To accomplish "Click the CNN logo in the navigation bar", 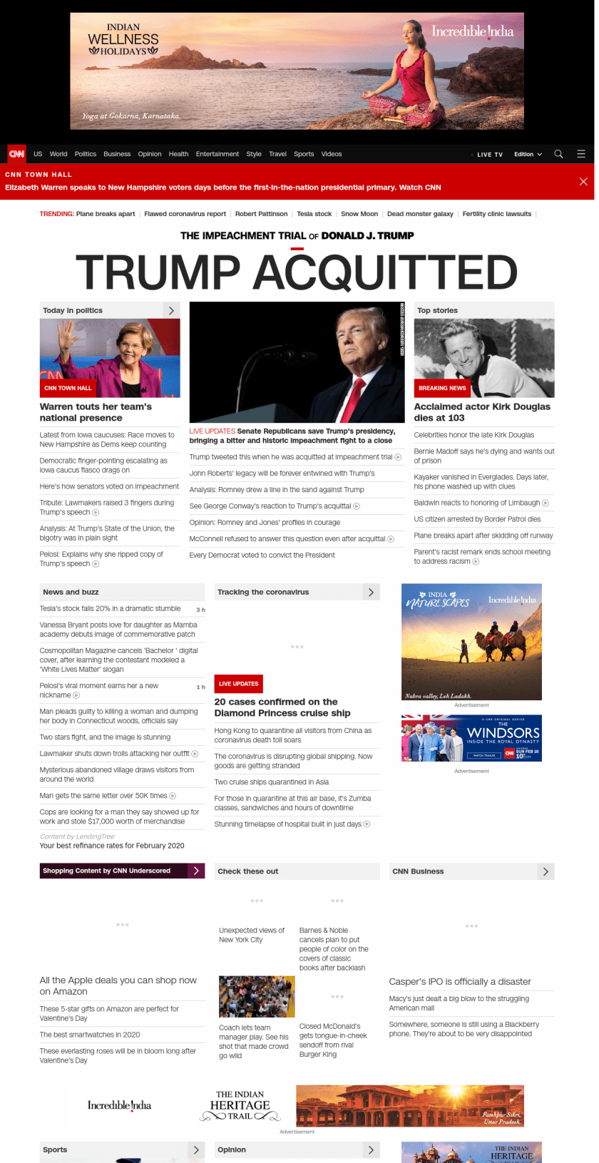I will [x=16, y=154].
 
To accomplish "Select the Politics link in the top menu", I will [x=86, y=154].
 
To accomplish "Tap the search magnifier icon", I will [x=558, y=154].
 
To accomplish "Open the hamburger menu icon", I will [x=581, y=154].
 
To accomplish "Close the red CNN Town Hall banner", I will [x=583, y=182].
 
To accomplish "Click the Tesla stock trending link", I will [x=314, y=214].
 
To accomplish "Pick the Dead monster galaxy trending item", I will [x=420, y=214].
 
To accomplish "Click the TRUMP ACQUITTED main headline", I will [x=297, y=272].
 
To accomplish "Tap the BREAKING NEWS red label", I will [x=442, y=388].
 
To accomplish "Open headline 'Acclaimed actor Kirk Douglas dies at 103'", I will [x=482, y=412].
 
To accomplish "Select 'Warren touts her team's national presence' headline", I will [x=96, y=412].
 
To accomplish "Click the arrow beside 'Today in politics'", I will [x=171, y=311].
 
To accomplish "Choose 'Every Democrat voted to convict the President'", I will [x=262, y=555].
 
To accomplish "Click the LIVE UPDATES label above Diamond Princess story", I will [x=238, y=684].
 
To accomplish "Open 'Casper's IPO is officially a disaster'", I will [x=460, y=982].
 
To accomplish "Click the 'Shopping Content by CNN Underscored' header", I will [x=107, y=871].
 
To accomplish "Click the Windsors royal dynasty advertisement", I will [x=471, y=738].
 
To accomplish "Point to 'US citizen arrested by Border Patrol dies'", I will [x=477, y=519].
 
